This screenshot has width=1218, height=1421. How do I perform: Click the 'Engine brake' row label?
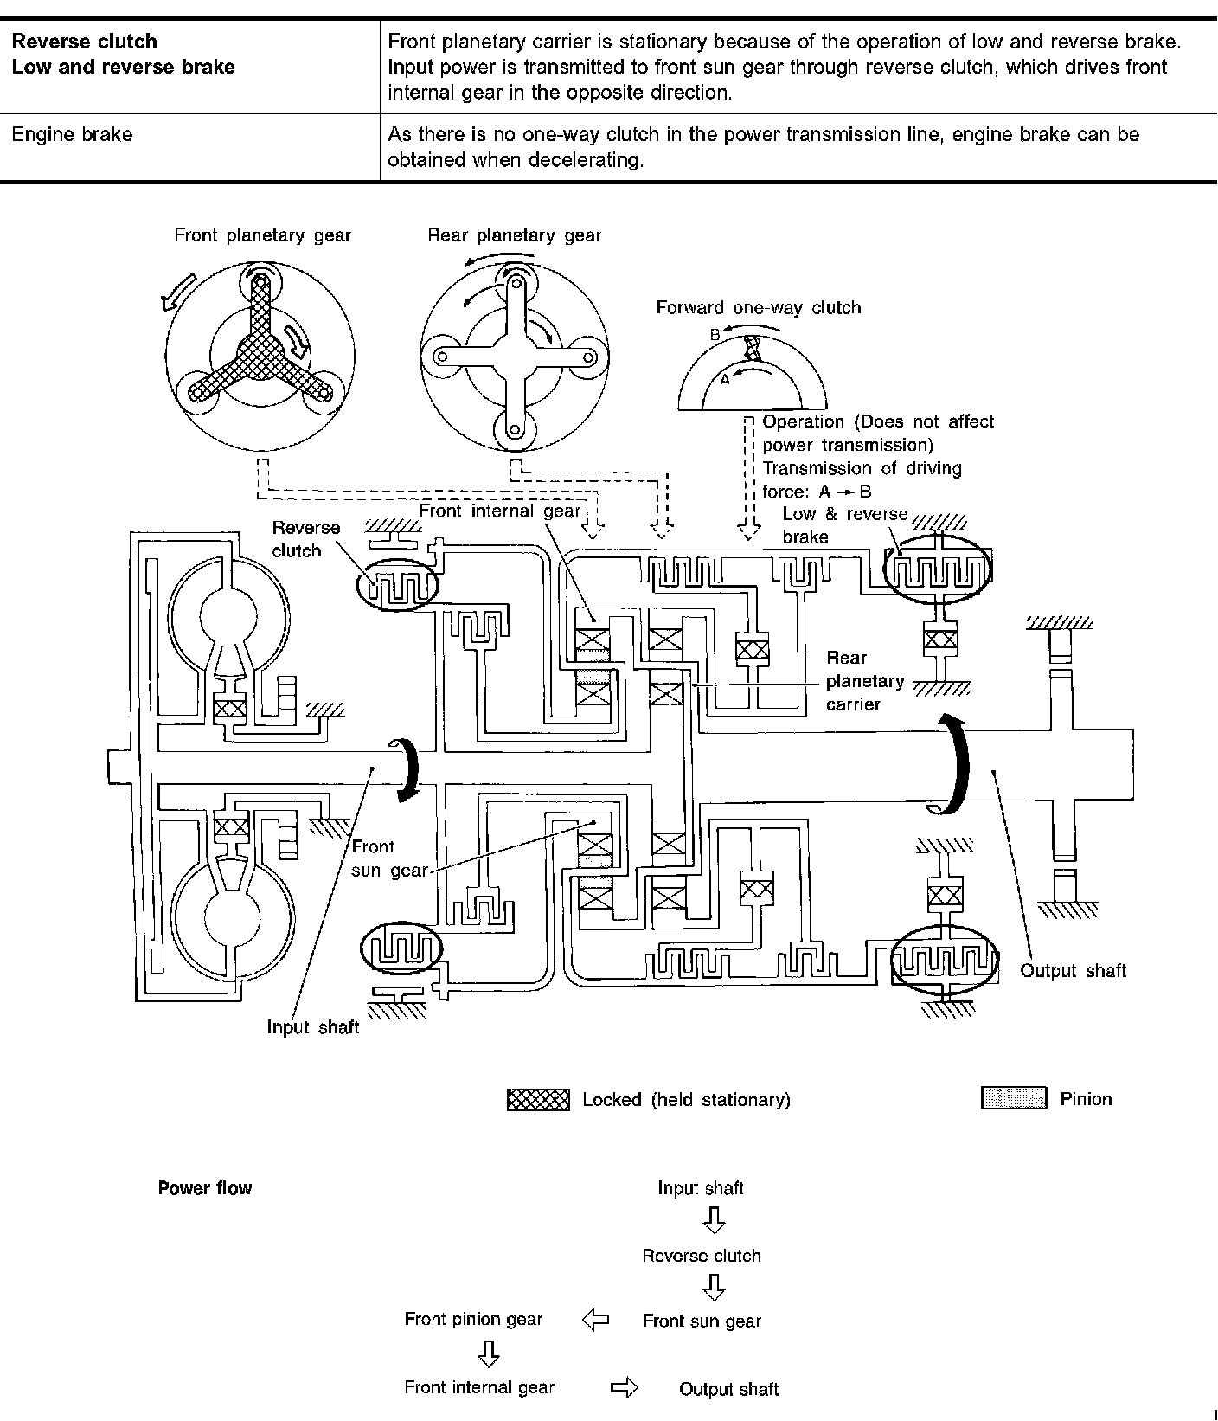coord(72,135)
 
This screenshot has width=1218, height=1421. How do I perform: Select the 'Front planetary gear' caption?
coord(262,235)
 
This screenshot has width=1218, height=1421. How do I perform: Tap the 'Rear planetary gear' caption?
coord(514,235)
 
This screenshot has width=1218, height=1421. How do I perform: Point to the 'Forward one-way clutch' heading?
coord(758,307)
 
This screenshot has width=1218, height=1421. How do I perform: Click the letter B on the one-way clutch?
coord(715,334)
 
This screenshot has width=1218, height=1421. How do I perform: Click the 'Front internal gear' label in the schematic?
coord(499,511)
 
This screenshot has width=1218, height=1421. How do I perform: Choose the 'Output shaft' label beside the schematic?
coord(1073,970)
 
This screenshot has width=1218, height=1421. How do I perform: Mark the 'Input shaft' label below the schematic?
coord(312,1027)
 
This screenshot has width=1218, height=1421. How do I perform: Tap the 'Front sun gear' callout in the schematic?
coord(378,858)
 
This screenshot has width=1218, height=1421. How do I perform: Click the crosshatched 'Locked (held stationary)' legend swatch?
coord(537,1100)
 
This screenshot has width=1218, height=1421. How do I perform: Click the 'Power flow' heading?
coord(204,1188)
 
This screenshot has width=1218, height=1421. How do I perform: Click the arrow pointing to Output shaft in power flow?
coord(624,1388)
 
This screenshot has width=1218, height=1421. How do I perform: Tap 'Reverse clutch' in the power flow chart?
coord(701,1256)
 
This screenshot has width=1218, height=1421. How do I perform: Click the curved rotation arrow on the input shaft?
coord(407,769)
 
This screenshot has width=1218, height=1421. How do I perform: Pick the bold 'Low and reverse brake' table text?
coord(124,68)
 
